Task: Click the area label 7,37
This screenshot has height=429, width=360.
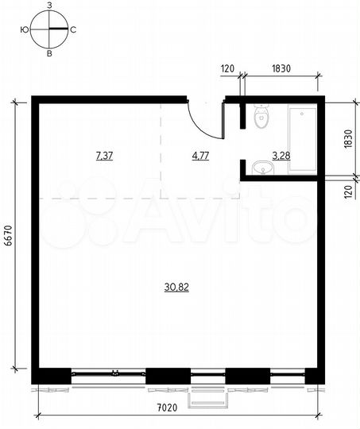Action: pos(103,156)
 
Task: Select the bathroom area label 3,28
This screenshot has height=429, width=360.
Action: pos(281,156)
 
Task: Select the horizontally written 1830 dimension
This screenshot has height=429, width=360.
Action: pos(281,69)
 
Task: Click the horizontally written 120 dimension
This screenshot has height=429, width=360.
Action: pos(227,69)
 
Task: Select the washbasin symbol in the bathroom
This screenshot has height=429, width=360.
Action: pos(259,168)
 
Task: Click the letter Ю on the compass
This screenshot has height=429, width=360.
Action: pos(25,30)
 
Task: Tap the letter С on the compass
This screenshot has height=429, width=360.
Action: pos(74,30)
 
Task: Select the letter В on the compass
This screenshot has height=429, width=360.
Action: pos(50,54)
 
